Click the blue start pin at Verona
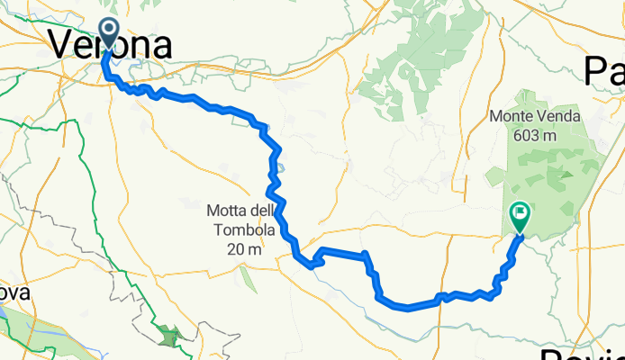click(110, 34)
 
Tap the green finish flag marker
click(520, 217)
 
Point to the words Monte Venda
click(535, 116)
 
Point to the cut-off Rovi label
click(584, 353)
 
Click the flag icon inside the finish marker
click(521, 213)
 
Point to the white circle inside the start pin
click(110, 30)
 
